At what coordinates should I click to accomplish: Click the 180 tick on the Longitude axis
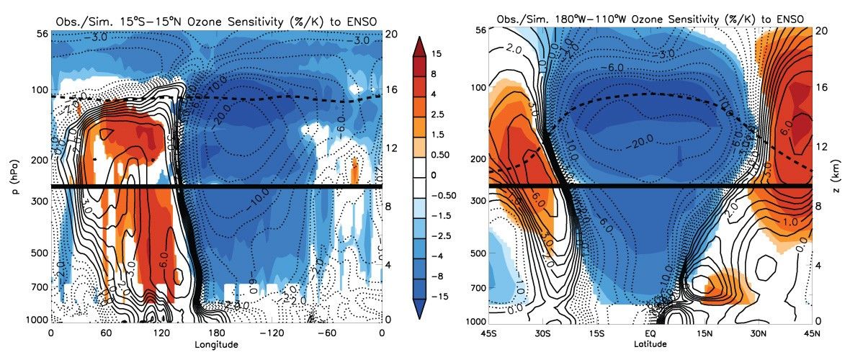click(x=133, y=333)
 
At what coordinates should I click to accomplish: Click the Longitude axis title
click(x=216, y=344)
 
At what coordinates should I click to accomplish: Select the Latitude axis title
click(x=652, y=344)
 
